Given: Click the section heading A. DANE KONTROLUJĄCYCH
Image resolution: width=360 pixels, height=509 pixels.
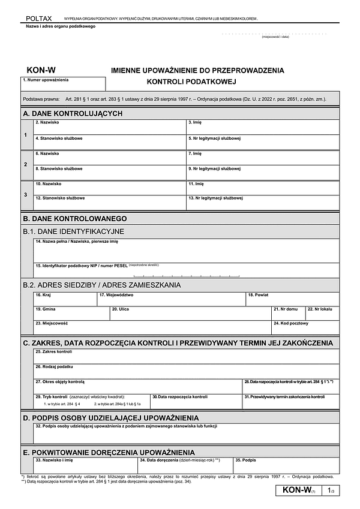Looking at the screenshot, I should pos(73,113).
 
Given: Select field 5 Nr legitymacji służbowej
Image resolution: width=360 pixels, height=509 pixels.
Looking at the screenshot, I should pos(262,143).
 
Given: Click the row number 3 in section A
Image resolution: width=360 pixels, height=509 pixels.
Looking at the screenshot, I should pos(25,195).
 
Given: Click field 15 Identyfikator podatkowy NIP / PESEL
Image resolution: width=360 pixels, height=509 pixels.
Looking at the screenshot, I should pos(186,270).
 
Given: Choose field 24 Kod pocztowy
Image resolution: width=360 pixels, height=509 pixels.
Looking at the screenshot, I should pos(305,327).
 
